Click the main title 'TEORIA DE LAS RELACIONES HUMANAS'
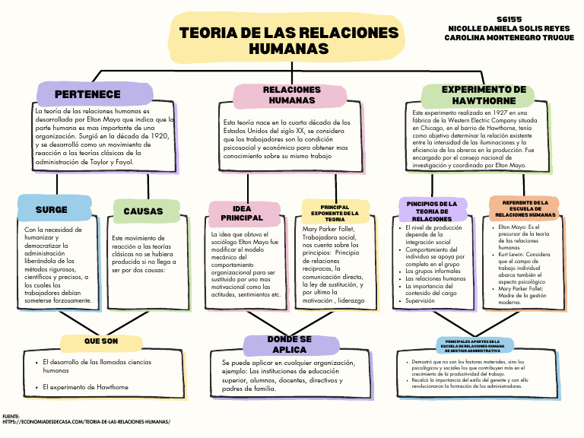point(289,41)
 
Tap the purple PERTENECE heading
point(87,94)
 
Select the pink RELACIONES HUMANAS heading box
point(291,95)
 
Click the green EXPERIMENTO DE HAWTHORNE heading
point(484,95)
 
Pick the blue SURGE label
point(52,210)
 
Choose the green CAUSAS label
point(143,211)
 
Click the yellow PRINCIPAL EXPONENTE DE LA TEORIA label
point(335,213)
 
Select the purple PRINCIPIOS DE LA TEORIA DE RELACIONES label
point(432,211)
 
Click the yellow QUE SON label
point(101,341)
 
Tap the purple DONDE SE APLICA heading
point(290,344)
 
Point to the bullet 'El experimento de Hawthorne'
point(86,387)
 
